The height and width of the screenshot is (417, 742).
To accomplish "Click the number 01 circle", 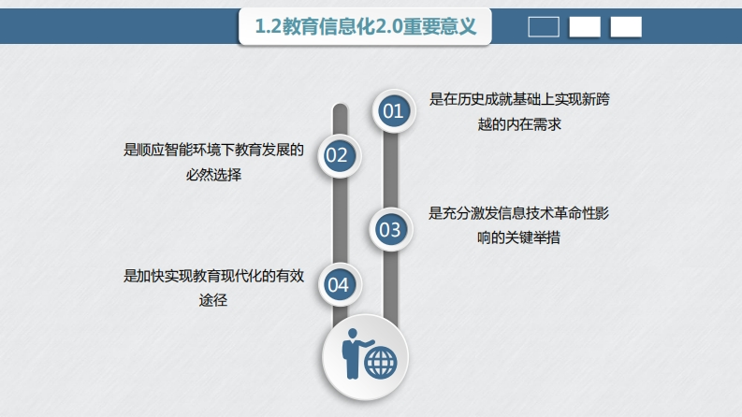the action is tap(392, 111).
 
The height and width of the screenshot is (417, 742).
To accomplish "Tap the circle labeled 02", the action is tap(337, 155).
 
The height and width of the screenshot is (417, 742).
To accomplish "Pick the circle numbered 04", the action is tap(338, 284).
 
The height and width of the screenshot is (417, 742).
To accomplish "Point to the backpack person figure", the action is tap(355, 353).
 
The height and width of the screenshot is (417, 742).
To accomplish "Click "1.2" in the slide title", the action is tap(268, 27).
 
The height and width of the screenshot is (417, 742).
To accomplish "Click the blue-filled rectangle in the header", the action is tap(544, 27).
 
